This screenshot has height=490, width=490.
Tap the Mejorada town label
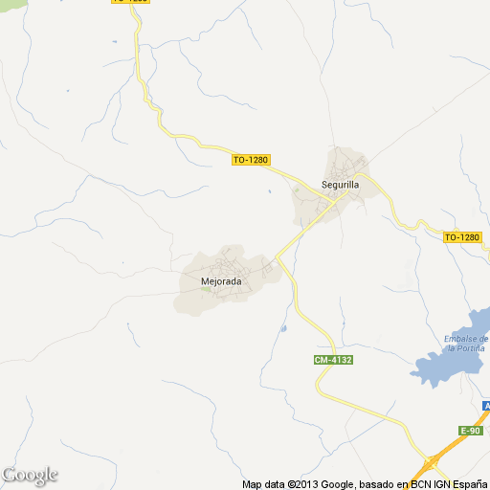coord(220,282)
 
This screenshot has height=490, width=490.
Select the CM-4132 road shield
coord(333,360)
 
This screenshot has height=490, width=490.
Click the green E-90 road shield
coord(471,430)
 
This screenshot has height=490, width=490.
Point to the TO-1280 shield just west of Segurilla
coord(250,160)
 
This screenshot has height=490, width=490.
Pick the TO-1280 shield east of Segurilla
coord(462,236)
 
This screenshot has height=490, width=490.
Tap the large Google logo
coord(30,475)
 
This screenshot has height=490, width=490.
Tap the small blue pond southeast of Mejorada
coord(283,329)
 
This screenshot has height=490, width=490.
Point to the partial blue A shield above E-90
coord(486,407)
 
